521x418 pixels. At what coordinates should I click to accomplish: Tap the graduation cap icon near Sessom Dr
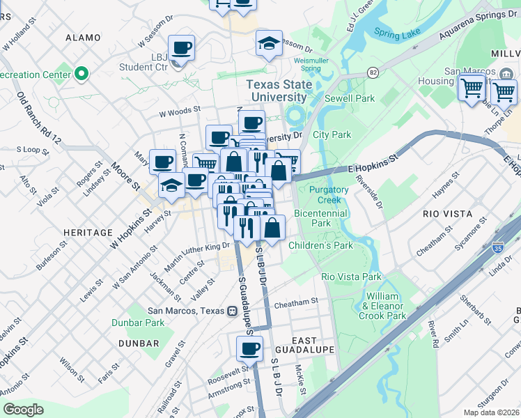(269, 43)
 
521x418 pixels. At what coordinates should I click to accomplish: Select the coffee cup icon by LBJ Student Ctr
(181, 48)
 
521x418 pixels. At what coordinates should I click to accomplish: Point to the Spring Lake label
(396, 32)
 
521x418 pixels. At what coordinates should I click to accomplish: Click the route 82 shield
(373, 72)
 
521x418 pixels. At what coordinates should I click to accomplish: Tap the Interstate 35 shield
(497, 247)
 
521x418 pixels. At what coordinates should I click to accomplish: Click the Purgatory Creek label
(329, 194)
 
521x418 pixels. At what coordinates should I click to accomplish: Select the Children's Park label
(320, 245)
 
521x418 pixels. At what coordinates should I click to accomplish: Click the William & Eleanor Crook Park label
(382, 306)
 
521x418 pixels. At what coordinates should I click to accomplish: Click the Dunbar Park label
(138, 323)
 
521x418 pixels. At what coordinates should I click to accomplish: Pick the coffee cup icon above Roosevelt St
(249, 348)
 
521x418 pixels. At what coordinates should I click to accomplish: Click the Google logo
(23, 409)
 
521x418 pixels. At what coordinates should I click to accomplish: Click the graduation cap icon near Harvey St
(171, 185)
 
